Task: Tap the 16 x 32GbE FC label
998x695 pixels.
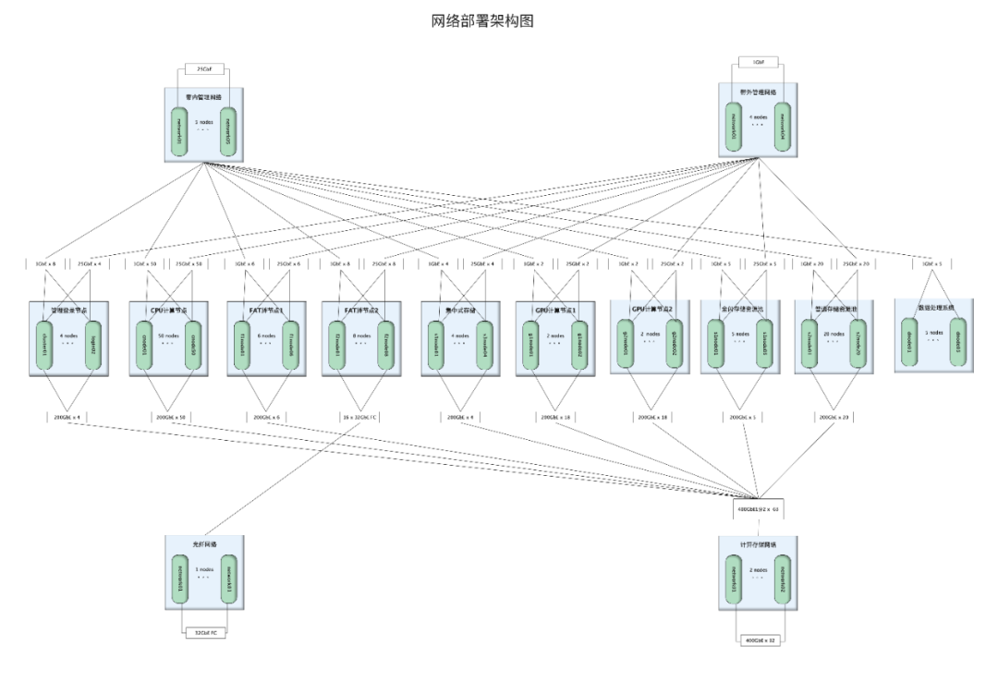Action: [x=359, y=417]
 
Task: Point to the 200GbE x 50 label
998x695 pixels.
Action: [x=168, y=417]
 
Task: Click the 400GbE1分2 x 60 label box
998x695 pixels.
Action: [x=758, y=509]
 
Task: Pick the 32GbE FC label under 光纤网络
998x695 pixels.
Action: [x=205, y=633]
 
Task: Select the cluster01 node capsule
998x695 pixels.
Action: [x=44, y=345]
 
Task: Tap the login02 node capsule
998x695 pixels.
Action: [x=93, y=345]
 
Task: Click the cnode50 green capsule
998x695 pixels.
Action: [x=192, y=345]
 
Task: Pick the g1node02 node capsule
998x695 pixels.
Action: [x=579, y=345]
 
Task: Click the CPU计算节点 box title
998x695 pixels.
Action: [x=168, y=311]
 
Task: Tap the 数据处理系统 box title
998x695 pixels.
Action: [x=934, y=307]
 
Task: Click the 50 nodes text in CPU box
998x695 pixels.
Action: [x=168, y=335]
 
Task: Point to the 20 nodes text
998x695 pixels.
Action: [x=834, y=335]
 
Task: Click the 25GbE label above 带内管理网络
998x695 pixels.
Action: [x=204, y=68]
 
